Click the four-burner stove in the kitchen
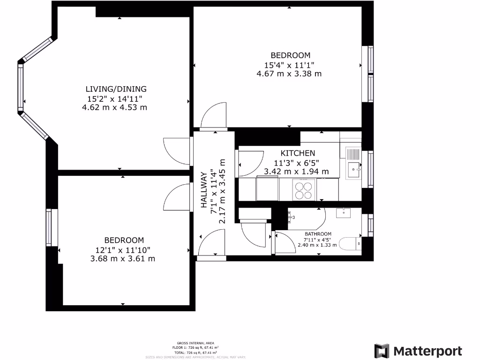coord(303,190)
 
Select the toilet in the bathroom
coord(350,244)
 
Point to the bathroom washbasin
coord(345,213)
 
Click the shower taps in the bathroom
coord(292,217)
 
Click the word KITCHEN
coord(298,153)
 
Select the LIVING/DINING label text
coord(116,89)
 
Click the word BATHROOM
coord(318,234)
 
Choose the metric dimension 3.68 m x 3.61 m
coord(122,258)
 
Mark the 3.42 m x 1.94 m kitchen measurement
coord(296,172)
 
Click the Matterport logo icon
coord(382,351)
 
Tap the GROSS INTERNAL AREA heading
coord(196,343)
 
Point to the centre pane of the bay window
coord(21,87)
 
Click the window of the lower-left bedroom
coord(49,227)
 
